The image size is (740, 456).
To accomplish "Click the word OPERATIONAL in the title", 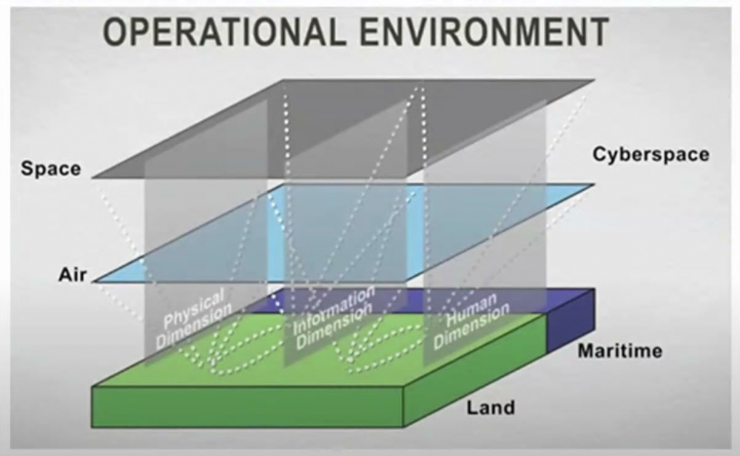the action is coord(221,32).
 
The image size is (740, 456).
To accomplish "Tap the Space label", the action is coord(51,169).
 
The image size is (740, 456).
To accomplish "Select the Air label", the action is coord(73,275).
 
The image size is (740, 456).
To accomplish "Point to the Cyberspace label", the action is coord(650,155).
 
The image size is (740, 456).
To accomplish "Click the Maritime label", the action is coord(620,351).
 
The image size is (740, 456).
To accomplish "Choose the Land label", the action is coord(491,407).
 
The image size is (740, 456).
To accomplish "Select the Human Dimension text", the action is coord(471,321).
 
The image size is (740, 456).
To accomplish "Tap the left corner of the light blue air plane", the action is coord(95,281).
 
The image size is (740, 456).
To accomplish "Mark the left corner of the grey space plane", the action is coord(92,178).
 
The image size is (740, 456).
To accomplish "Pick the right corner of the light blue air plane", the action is coord(593,184).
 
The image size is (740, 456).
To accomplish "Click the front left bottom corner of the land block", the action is coord(92,427).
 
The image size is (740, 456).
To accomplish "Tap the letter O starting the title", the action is coord(115,32).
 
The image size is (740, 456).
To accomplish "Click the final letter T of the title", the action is coord(599,32).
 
